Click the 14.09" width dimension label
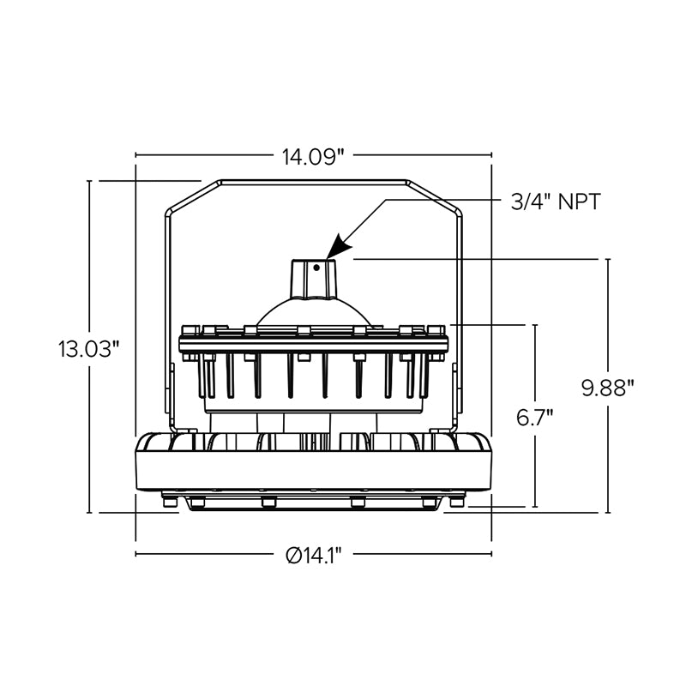[313, 156]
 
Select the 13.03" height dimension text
[88, 349]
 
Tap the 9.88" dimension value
[608, 388]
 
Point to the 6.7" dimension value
[534, 418]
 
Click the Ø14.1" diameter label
[313, 556]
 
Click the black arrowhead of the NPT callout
[340, 246]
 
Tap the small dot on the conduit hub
[316, 268]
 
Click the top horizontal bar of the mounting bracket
[313, 182]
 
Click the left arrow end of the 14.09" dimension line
[137, 156]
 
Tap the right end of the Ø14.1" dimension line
[490, 555]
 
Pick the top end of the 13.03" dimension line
[90, 182]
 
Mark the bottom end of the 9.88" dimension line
[609, 512]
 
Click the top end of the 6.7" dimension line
[535, 326]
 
